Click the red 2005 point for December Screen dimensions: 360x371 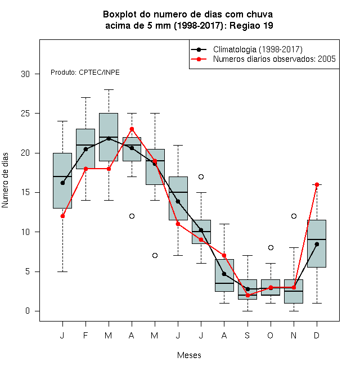(317, 184)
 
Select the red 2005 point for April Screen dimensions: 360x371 (132, 129)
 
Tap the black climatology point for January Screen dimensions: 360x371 (62, 183)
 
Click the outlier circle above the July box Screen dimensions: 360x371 (201, 177)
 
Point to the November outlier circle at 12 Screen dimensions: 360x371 (294, 216)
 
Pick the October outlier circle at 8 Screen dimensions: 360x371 (271, 247)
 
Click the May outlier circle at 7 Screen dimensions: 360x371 (155, 255)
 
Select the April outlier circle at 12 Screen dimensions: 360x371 (132, 216)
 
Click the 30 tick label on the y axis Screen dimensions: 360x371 (25, 74)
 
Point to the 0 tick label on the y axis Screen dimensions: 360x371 (28, 311)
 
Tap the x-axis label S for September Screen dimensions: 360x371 (247, 335)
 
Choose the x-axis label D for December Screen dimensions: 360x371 (317, 335)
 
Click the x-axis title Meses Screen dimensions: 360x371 (189, 355)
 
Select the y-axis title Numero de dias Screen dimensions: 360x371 (5, 180)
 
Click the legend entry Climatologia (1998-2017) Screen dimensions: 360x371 (258, 49)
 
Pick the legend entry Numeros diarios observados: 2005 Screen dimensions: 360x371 (274, 59)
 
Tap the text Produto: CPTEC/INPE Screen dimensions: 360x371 (85, 73)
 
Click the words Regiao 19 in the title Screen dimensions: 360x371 (251, 25)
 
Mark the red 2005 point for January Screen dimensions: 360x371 (62, 216)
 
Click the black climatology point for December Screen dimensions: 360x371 (317, 244)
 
